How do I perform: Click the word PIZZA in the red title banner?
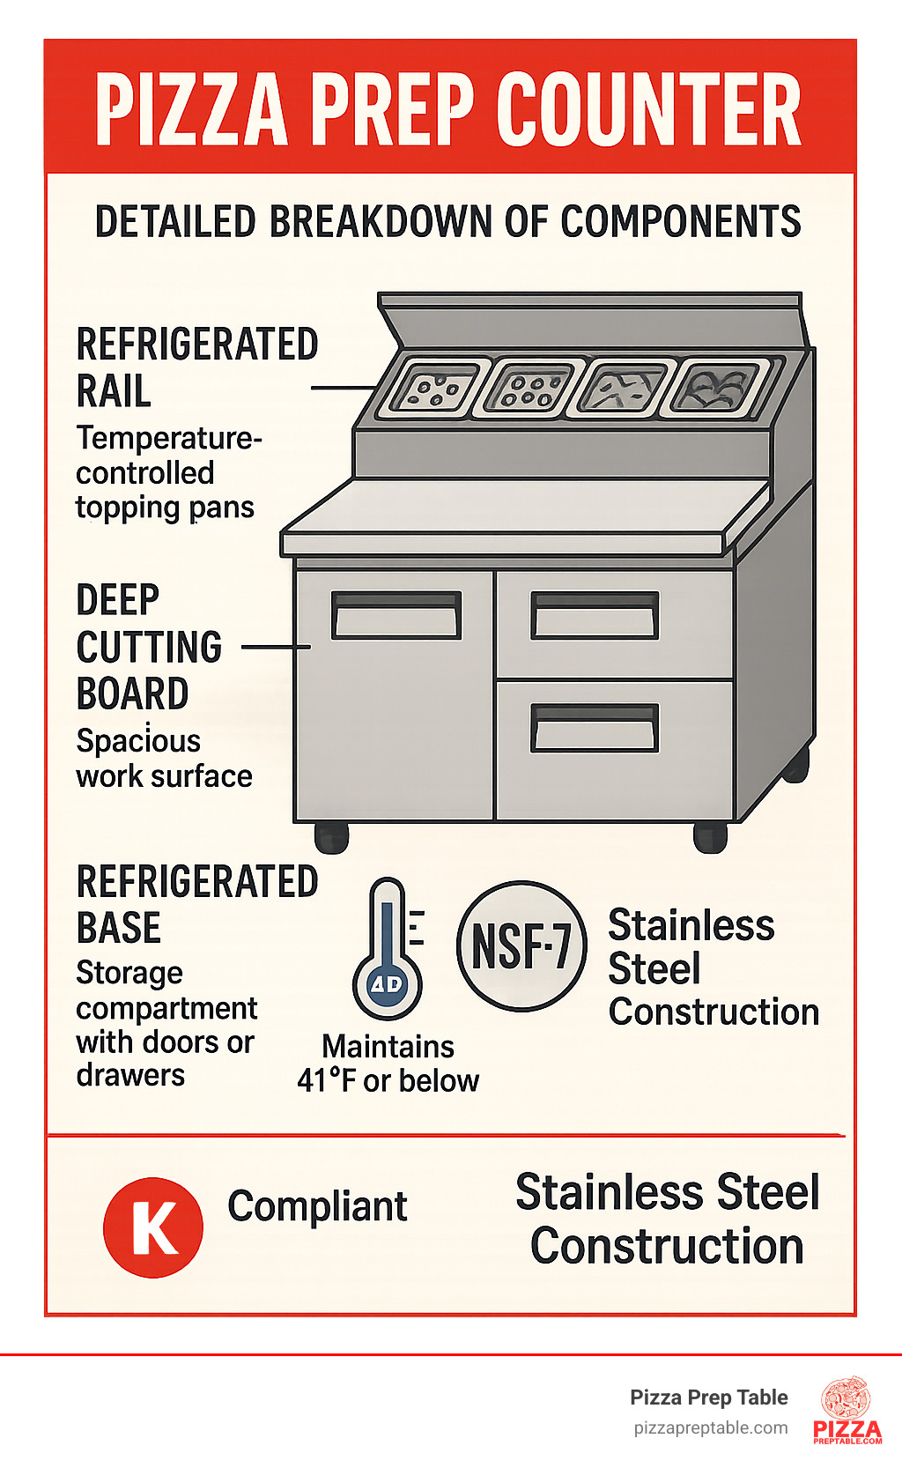191,108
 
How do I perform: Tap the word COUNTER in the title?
649,108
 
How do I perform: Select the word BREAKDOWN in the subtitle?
381,221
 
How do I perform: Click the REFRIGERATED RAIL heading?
196,367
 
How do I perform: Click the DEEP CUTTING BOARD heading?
150,647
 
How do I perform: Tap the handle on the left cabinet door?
396,615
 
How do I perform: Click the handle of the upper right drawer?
595,615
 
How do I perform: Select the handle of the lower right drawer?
595,728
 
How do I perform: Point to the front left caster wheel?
331,838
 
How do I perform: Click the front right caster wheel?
710,838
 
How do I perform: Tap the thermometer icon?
388,948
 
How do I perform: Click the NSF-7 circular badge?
521,945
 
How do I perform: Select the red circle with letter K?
153,1227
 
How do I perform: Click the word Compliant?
317,1206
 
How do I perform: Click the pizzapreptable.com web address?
711,1428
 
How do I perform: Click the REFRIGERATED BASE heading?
196,904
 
